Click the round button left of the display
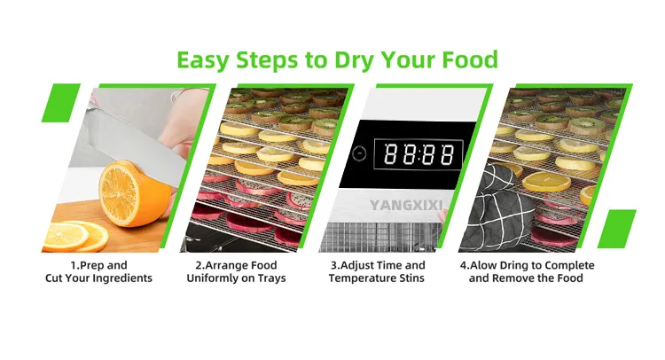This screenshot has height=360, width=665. click(359, 154)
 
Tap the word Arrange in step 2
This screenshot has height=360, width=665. click(230, 265)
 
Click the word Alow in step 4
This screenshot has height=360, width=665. click(485, 265)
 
